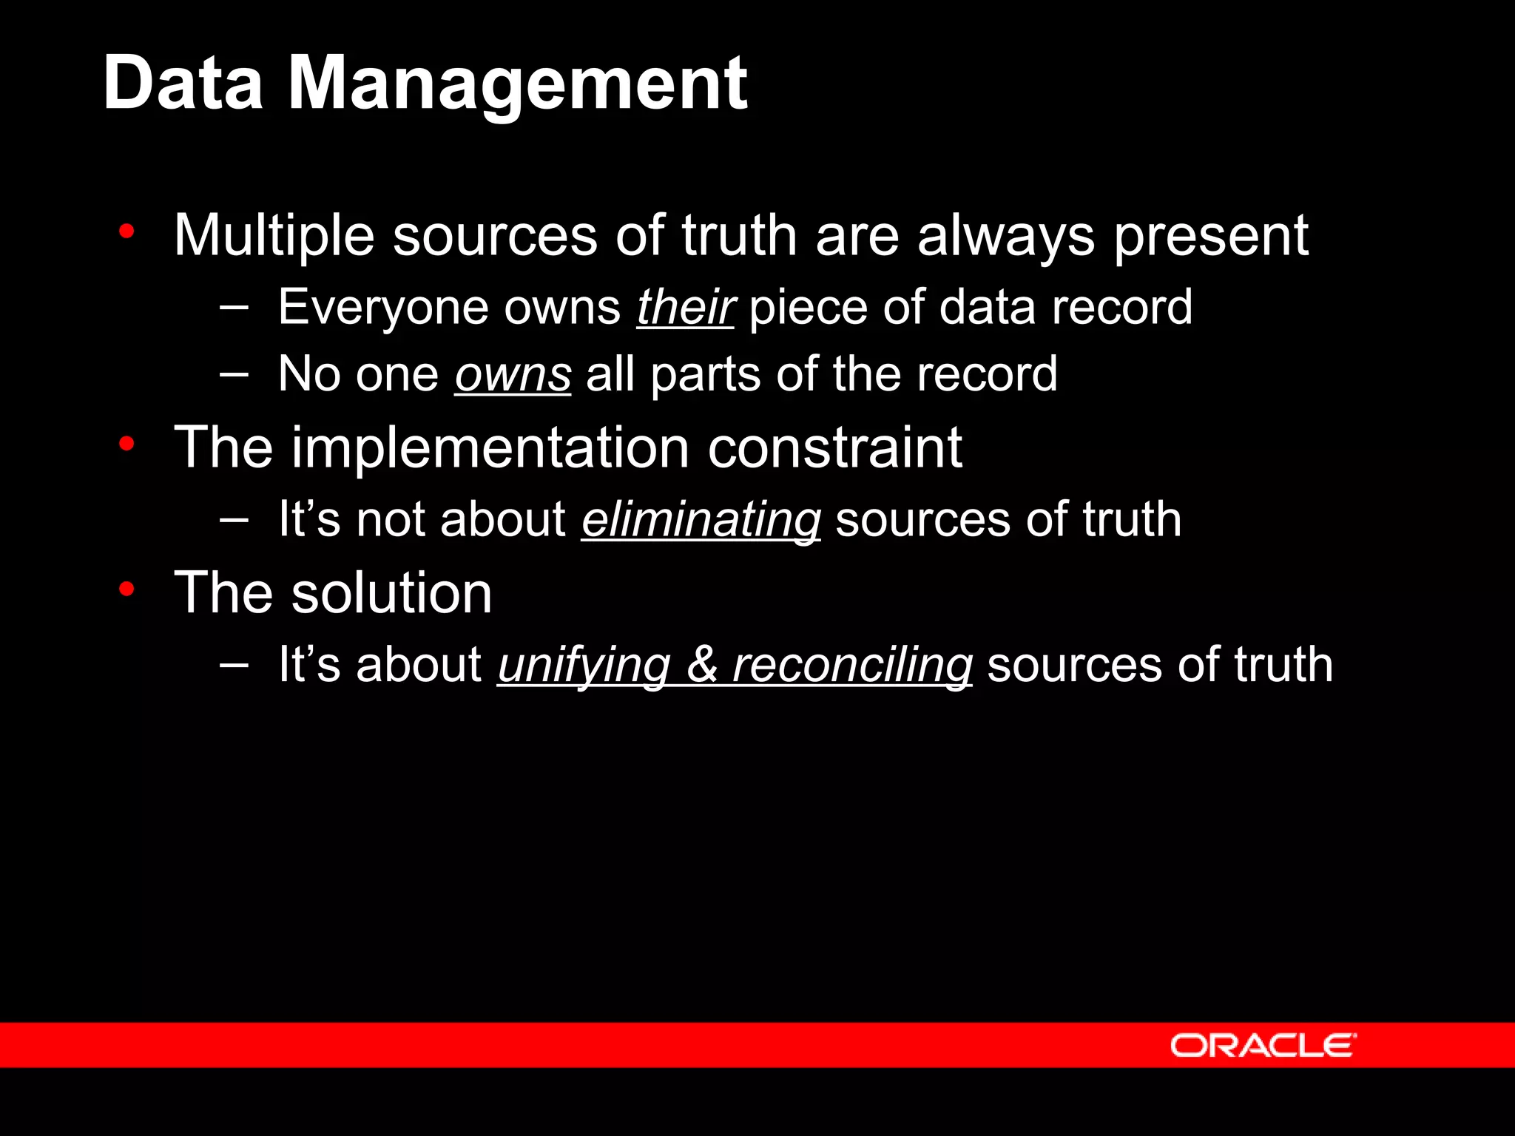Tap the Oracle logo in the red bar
[x=1263, y=1045]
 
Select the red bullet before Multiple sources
[x=126, y=231]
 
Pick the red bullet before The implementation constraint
[x=126, y=444]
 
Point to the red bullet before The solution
[x=126, y=589]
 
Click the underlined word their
[x=685, y=307]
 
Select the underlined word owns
[x=513, y=374]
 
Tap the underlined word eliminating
[x=701, y=519]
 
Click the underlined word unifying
[x=584, y=664]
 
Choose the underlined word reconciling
[x=852, y=664]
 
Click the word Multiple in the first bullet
[x=274, y=235]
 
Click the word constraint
[x=835, y=447]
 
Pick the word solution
[x=391, y=592]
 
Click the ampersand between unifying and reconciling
[x=701, y=664]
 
